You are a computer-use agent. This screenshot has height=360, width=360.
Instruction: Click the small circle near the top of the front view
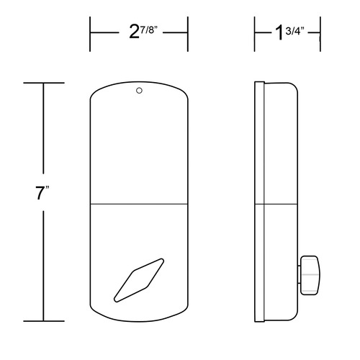pos(139,91)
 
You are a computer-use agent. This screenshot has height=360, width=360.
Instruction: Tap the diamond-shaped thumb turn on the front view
pos(139,280)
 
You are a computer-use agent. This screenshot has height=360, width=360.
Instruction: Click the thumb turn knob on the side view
pos(310,275)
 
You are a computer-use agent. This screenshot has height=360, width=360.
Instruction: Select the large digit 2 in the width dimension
pos(135,32)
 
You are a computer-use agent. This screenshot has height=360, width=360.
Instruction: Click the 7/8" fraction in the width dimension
pos(149,30)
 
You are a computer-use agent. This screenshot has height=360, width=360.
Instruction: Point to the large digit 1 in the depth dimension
pos(279,32)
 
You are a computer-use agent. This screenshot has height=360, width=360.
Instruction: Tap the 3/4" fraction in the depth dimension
pos(295,31)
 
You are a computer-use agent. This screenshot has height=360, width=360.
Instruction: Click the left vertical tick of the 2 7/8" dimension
pos(90,34)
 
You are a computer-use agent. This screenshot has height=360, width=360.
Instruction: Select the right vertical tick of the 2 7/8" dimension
pos(188,34)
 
